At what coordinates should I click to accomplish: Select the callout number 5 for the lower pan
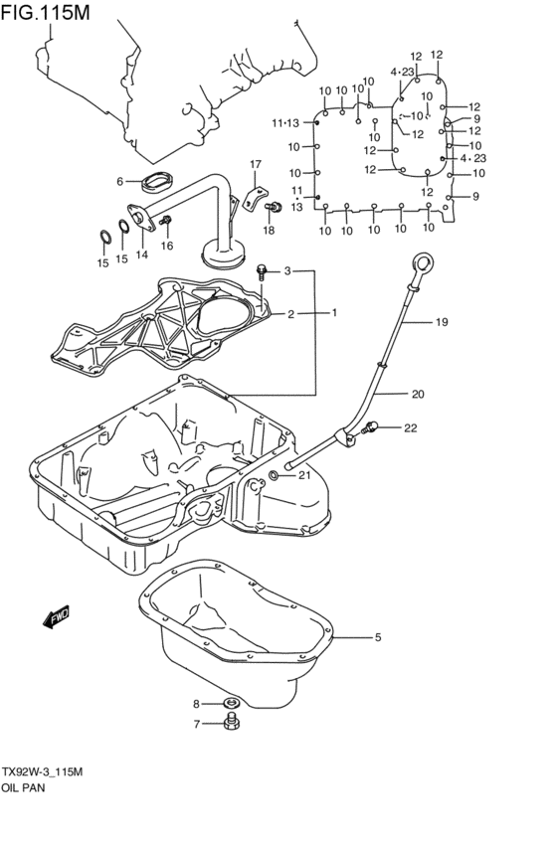pos(378,637)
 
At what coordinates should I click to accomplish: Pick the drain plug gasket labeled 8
pos(232,704)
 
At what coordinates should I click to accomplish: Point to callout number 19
pos(442,321)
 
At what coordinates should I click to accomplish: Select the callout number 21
pos(304,475)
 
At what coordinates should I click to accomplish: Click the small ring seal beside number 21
pos(275,475)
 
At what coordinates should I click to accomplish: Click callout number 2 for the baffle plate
pos(291,314)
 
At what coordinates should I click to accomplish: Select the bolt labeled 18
pos(269,209)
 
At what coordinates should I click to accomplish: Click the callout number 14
pos(142,254)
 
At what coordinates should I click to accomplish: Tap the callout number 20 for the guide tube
pos(417,394)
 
